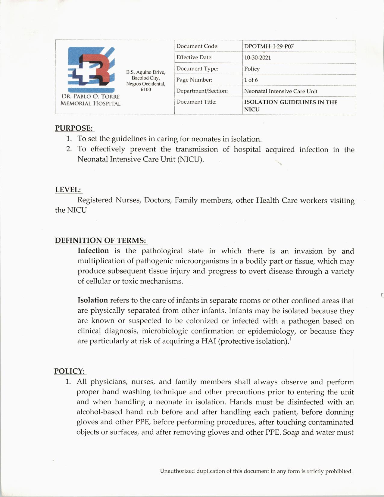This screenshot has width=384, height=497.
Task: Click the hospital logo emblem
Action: click(x=91, y=69)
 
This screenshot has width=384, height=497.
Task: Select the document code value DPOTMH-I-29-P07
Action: click(x=269, y=46)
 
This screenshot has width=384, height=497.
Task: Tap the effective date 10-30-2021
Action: click(x=257, y=58)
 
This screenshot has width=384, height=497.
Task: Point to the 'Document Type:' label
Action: click(x=197, y=69)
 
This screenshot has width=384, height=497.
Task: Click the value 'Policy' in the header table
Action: click(x=252, y=69)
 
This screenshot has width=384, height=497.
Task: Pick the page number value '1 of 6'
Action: click(x=251, y=80)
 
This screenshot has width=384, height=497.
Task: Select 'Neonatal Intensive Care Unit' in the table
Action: click(x=281, y=91)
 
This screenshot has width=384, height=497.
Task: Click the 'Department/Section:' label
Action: click(x=202, y=91)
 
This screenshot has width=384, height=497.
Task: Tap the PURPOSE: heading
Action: click(x=74, y=128)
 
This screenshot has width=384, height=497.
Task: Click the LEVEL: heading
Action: click(x=68, y=190)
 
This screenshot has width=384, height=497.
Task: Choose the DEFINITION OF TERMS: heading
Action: click(x=101, y=240)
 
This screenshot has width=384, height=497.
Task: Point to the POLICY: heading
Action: click(x=70, y=371)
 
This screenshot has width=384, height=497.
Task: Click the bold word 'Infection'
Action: click(x=93, y=251)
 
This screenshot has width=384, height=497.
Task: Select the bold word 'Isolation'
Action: click(x=92, y=300)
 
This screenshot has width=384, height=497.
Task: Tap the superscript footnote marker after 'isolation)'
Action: click(x=290, y=339)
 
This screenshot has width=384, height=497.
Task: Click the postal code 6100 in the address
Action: click(x=146, y=89)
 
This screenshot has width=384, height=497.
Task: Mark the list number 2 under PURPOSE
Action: click(x=69, y=149)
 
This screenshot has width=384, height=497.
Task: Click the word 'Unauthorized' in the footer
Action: click(x=177, y=471)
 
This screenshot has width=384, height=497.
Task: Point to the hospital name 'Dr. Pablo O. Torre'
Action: click(x=91, y=96)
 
